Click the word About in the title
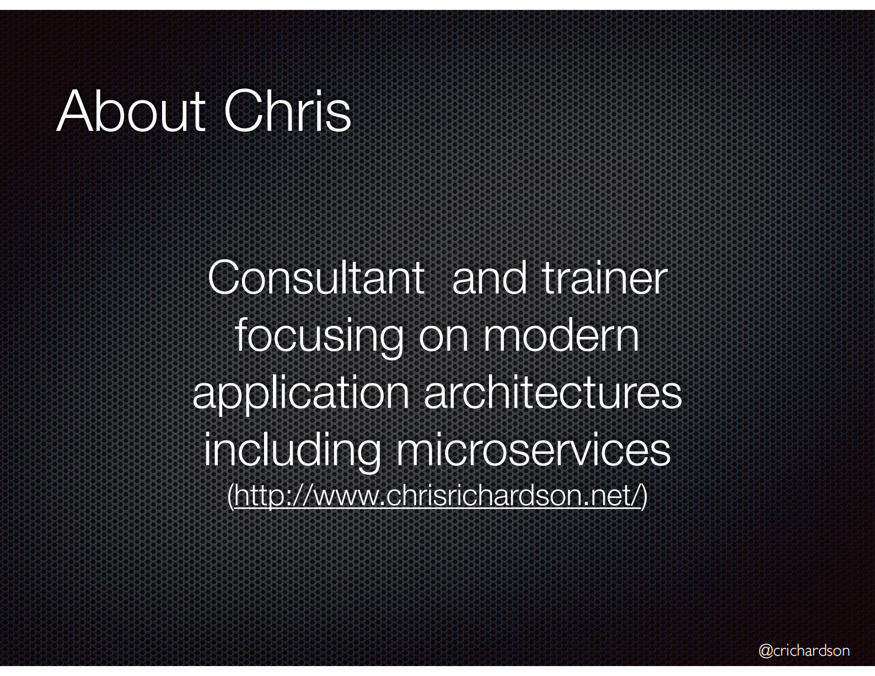pos(131,111)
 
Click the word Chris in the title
pos(287,111)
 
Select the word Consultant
pos(316,278)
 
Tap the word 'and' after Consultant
pos(489,278)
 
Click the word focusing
pos(319,337)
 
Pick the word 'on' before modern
pos(443,341)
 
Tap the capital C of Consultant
pos(225,278)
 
